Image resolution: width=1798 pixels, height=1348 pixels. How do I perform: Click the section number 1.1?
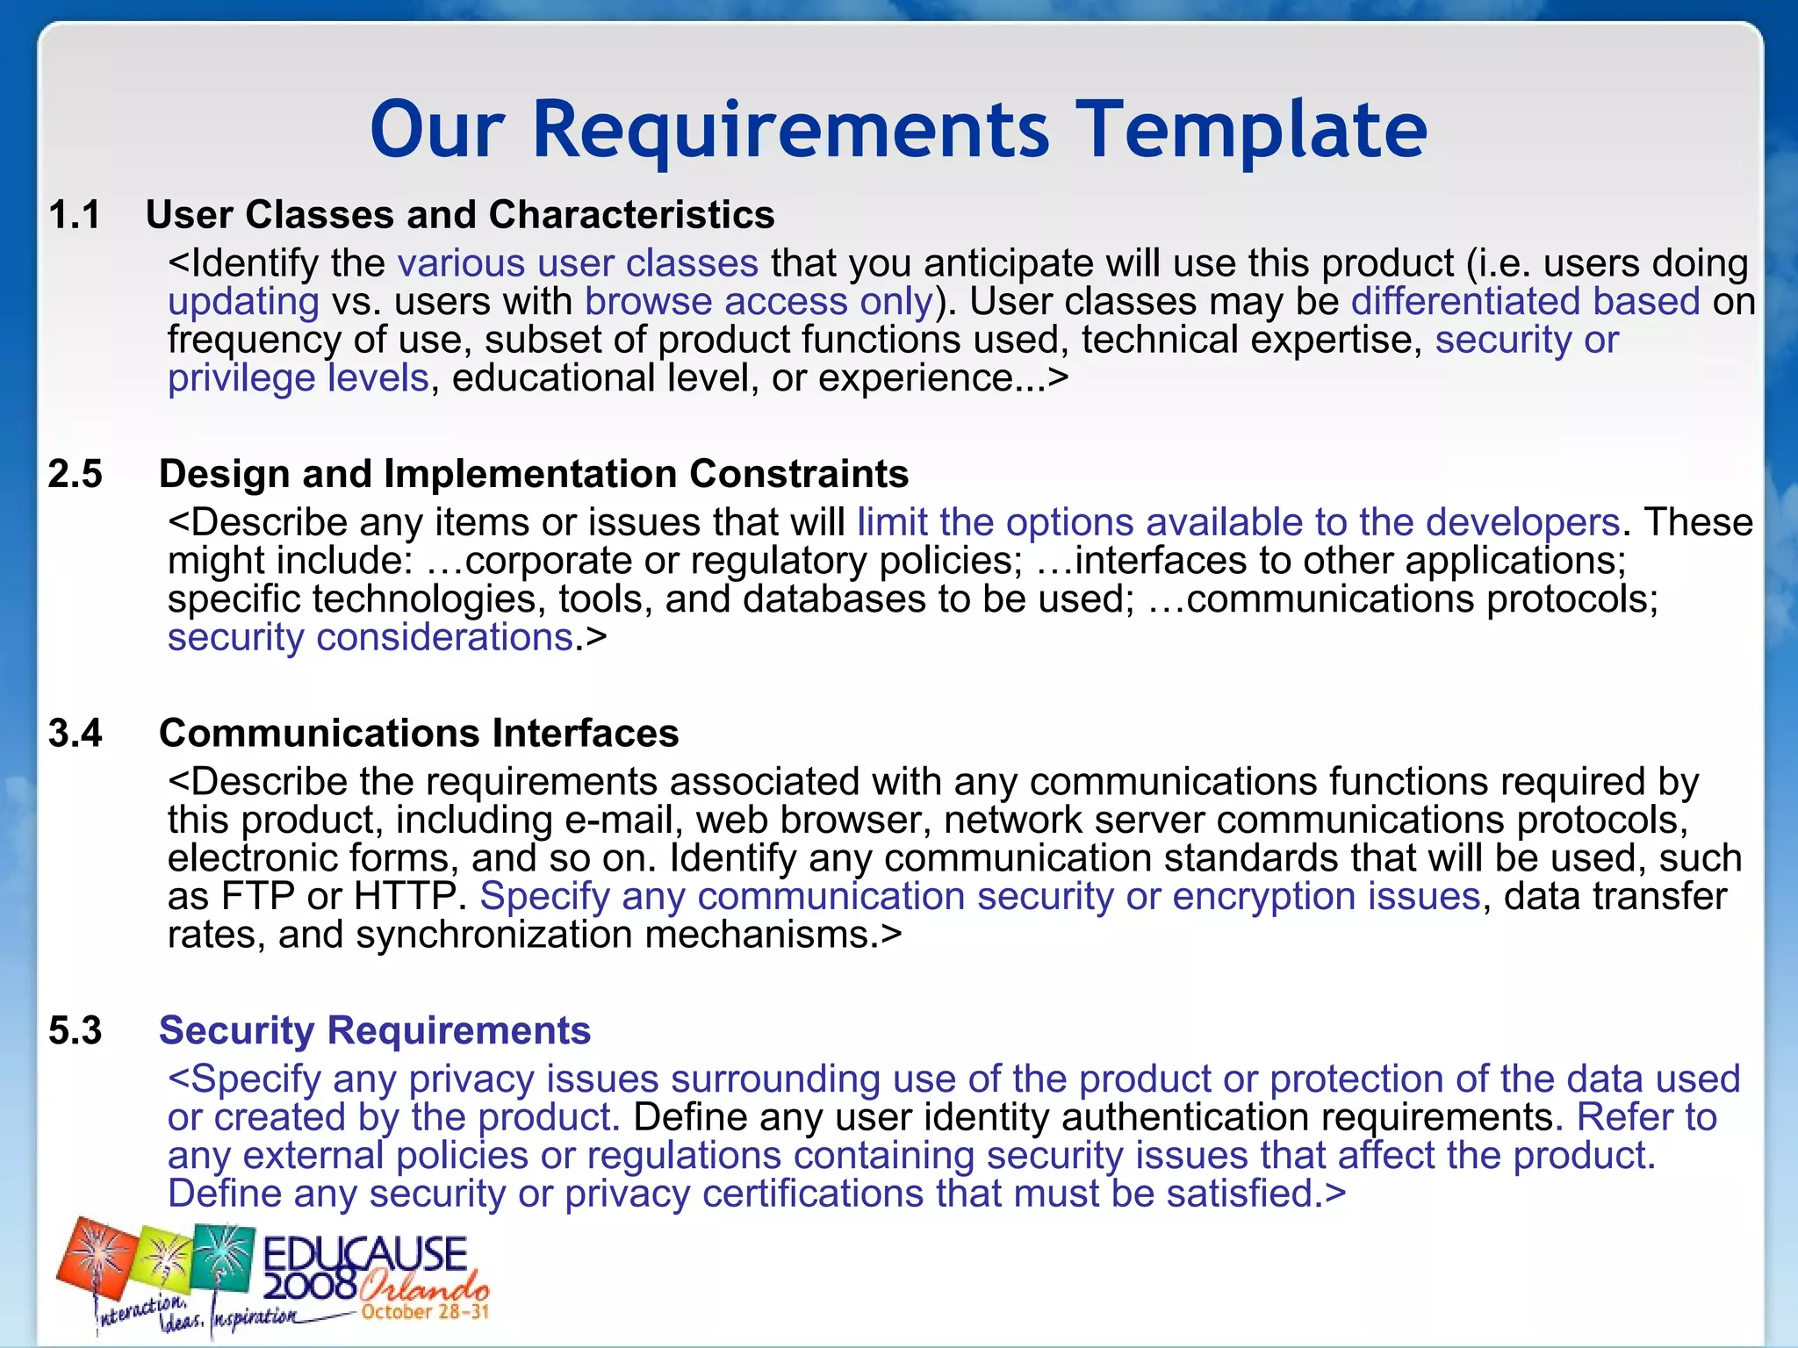pos(75,215)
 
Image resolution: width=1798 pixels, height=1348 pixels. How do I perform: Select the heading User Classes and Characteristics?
pos(460,215)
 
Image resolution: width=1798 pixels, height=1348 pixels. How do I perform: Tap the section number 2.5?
pos(76,474)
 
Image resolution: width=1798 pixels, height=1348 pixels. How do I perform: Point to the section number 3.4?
pos(76,733)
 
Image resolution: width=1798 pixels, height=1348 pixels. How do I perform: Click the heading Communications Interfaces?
pos(419,733)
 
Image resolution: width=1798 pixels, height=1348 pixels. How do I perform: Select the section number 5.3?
pos(76,1030)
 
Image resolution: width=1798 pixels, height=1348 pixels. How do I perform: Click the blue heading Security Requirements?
pos(375,1030)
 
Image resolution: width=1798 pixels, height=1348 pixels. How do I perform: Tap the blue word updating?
pos(243,302)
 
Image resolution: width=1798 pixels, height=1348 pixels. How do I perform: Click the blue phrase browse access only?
pos(759,302)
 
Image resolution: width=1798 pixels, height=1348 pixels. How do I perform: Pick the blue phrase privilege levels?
pos(298,378)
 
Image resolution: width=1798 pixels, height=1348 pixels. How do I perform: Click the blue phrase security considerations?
pos(370,637)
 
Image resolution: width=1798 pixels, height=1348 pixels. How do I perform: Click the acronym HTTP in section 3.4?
pos(405,897)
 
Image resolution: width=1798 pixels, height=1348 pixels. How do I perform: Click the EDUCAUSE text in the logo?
pos(364,1255)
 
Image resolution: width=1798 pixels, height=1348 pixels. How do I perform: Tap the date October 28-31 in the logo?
pos(425,1312)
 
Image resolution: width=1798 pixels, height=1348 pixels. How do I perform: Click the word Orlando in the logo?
pos(423,1287)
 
